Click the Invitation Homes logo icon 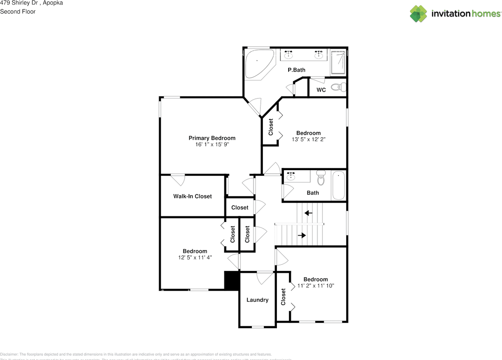[418, 14]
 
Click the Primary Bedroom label [212, 138]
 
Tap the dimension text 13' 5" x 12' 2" [308, 139]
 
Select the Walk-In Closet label [192, 196]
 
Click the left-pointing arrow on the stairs [309, 213]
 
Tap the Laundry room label [257, 300]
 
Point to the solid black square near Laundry [231, 281]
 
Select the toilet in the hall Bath [321, 178]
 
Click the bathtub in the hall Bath [338, 185]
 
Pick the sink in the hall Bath [291, 176]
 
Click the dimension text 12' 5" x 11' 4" [195, 258]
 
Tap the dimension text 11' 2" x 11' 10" [315, 286]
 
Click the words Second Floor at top [18, 11]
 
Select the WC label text [321, 90]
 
